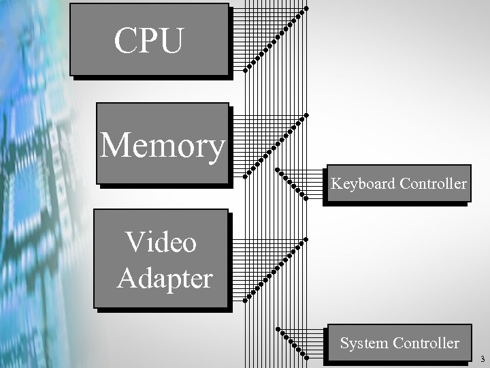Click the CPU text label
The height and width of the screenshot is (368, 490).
(148, 41)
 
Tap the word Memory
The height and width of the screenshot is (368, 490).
(162, 145)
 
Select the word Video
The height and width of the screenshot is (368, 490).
(161, 242)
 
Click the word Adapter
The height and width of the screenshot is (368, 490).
(165, 278)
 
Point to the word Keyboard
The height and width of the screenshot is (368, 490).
(363, 184)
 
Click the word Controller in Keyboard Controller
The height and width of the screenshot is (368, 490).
(434, 184)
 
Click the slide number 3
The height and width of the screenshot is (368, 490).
(482, 358)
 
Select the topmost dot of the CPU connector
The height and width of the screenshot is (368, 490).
(306, 8)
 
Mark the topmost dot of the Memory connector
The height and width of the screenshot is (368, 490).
(306, 114)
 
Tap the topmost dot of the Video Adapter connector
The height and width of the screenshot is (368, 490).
(306, 240)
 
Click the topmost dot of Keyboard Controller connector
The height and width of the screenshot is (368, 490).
(277, 170)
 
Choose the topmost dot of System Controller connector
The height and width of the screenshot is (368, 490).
(278, 329)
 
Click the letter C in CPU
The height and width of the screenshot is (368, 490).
(126, 41)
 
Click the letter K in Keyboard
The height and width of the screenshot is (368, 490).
(336, 184)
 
